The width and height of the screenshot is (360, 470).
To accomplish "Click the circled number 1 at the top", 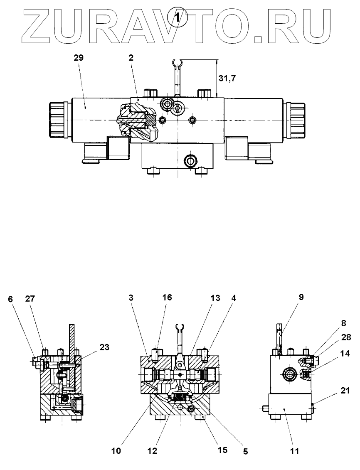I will point(178,18).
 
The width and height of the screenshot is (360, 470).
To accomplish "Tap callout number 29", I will point(79,58).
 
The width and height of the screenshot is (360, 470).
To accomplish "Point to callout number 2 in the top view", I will point(131,58).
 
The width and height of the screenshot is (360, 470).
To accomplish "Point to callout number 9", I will point(301,297).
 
